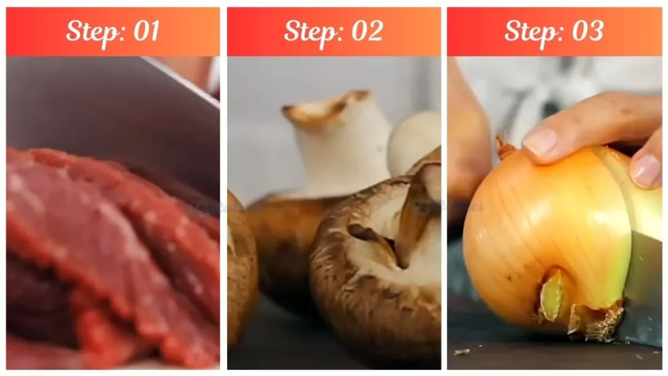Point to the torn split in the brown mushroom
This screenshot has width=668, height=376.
click(x=378, y=242)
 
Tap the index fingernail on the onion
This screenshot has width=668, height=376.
click(x=540, y=142)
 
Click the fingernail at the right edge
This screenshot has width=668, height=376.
click(x=646, y=171)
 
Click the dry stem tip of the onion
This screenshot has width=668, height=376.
click(x=504, y=148)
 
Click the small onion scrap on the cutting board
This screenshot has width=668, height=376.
click(x=462, y=352)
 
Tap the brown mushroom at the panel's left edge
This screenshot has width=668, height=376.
click(x=240, y=274)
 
